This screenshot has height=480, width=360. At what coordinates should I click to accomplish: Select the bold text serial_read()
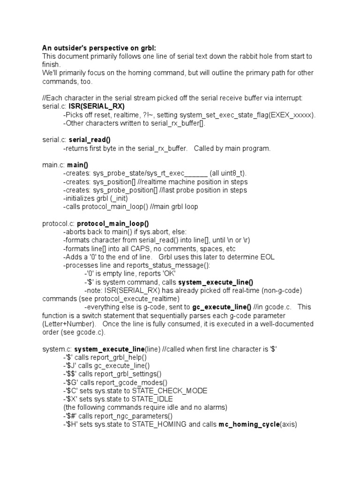pyautogui.click(x=90, y=140)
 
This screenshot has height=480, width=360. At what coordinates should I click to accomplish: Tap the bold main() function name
pyautogui.click(x=78, y=165)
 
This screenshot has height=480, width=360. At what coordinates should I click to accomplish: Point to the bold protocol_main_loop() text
pyautogui.click(x=116, y=224)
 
